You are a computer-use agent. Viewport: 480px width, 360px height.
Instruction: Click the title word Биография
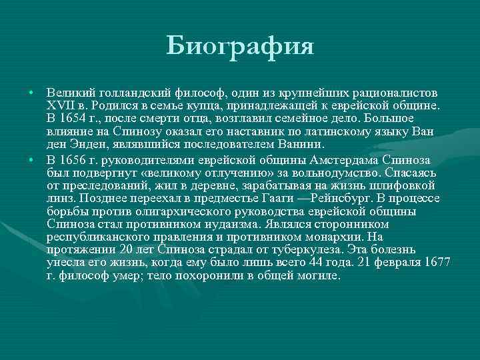(x=240, y=48)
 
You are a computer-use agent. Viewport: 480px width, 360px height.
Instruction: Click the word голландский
(x=129, y=91)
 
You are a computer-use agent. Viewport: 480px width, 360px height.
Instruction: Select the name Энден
(x=83, y=143)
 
